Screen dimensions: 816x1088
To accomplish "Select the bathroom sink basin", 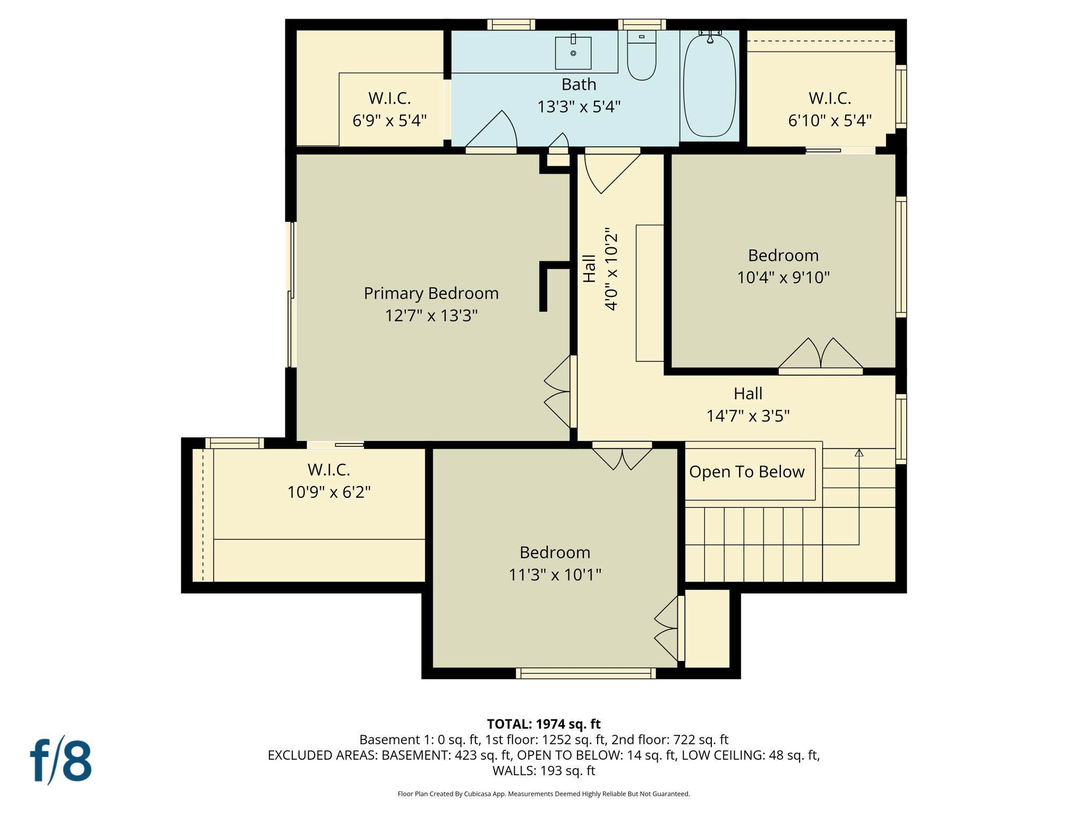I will pos(573,53).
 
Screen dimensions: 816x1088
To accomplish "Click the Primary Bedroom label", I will pos(431,293).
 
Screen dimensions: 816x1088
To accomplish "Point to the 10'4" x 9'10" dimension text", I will pos(783,277).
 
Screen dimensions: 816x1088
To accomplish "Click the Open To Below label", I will pos(746,472).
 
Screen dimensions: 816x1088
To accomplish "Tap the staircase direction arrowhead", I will pos(859,453).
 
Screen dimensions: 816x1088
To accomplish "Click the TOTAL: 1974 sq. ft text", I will pos(543,724).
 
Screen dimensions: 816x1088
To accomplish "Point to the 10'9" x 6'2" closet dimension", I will pos(329,492).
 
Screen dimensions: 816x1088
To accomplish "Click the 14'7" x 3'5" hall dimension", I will pos(747,415).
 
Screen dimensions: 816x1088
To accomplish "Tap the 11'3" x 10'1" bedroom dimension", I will pos(555,574).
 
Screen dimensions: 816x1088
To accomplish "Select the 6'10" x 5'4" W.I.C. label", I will pos(829,121).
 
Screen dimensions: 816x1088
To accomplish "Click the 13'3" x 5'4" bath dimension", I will pos(579,107).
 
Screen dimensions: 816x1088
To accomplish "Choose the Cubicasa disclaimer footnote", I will pos(543,794).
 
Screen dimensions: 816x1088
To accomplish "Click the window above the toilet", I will pos(642,24).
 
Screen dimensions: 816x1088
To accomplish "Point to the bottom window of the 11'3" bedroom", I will pos(585,674).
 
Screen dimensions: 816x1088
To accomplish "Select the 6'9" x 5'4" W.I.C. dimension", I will pos(389,121).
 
